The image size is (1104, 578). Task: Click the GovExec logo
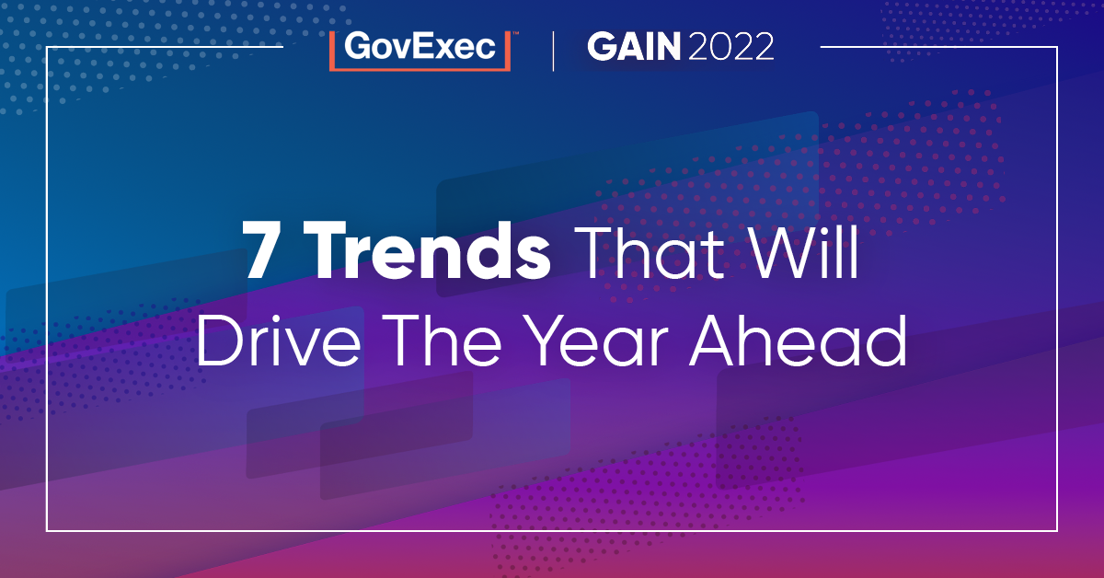[x=420, y=49]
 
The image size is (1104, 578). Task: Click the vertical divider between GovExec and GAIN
[x=553, y=50]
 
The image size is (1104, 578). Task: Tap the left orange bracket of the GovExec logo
[x=333, y=50]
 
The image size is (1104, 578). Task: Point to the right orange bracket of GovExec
[x=508, y=50]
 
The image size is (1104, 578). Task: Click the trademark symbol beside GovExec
[x=515, y=33]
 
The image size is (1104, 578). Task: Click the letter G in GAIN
[x=604, y=49]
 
